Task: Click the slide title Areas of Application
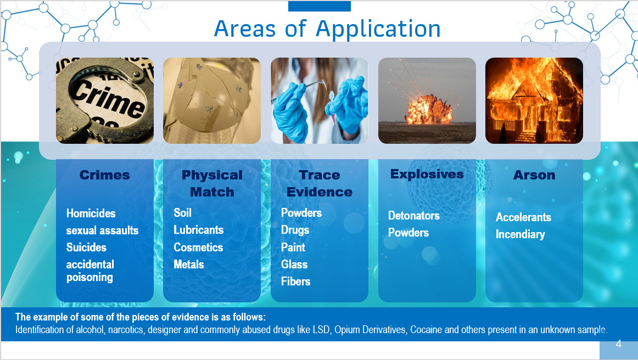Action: pyautogui.click(x=327, y=29)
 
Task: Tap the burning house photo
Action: pyautogui.click(x=534, y=100)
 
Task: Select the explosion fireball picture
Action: pyautogui.click(x=427, y=100)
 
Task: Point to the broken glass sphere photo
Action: pyautogui.click(x=211, y=100)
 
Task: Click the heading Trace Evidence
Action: pyautogui.click(x=320, y=183)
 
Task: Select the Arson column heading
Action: pyautogui.click(x=534, y=175)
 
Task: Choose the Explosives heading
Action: pyautogui.click(x=427, y=174)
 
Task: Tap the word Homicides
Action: pyautogui.click(x=91, y=213)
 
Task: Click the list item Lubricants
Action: pyautogui.click(x=199, y=230)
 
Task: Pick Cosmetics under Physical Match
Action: pyautogui.click(x=198, y=248)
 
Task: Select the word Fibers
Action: pyautogui.click(x=295, y=282)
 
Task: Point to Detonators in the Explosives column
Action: pyautogui.click(x=414, y=216)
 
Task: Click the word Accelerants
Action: pyautogui.click(x=523, y=217)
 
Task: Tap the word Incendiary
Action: pyautogui.click(x=520, y=234)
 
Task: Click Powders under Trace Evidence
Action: pyautogui.click(x=301, y=213)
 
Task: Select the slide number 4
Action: pyautogui.click(x=618, y=344)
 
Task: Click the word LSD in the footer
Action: pyautogui.click(x=321, y=329)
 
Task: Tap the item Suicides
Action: pyautogui.click(x=86, y=248)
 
